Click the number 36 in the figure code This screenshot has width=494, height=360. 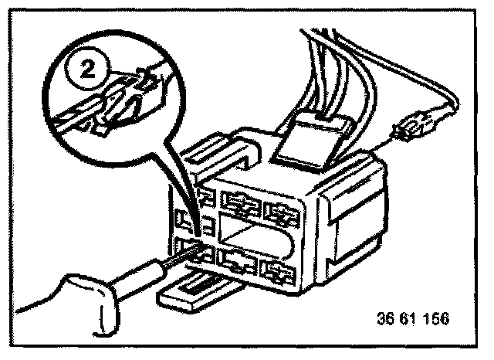click(x=387, y=318)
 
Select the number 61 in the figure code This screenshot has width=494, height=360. click(x=409, y=318)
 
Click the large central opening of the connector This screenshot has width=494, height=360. click(x=255, y=233)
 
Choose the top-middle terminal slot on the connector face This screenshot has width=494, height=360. click(x=241, y=202)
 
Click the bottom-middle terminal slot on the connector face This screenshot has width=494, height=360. click(x=239, y=261)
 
